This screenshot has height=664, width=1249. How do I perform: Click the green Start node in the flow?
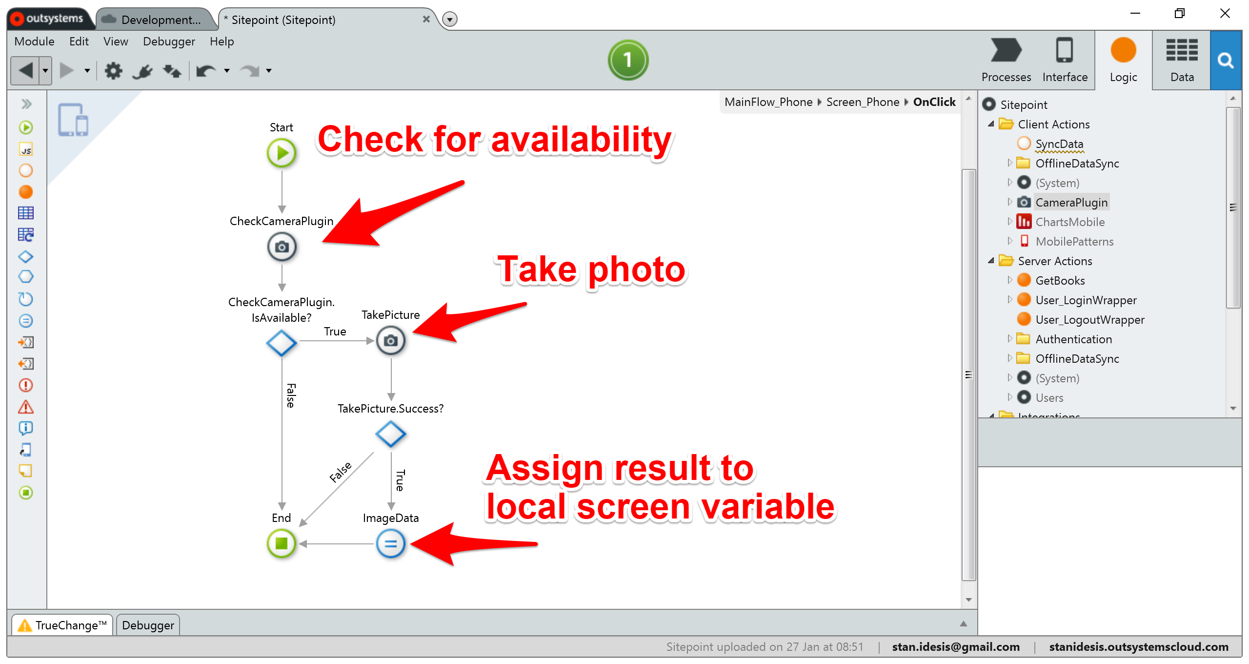coord(282,153)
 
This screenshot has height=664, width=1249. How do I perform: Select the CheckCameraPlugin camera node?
coord(282,247)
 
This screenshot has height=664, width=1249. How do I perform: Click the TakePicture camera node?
coord(390,341)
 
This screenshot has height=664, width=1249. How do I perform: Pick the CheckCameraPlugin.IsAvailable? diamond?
coord(282,343)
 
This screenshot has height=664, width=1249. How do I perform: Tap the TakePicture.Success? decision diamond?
coord(390,434)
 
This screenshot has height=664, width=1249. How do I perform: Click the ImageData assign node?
coord(390,543)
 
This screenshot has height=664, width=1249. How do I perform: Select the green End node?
coord(282,543)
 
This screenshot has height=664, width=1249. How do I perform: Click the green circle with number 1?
coord(628,60)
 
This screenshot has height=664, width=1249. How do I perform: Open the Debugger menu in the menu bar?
coord(169,41)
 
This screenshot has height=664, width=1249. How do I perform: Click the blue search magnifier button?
coord(1225,61)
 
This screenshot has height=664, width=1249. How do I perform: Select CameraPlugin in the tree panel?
coord(1071,202)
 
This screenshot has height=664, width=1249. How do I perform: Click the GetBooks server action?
coord(1060,280)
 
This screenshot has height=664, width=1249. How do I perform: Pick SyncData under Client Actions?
coord(1059,144)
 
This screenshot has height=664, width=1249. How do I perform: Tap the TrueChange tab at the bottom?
coord(63,625)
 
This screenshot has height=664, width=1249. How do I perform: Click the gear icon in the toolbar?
coord(113,71)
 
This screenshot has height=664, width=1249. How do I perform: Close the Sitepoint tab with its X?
coord(426,20)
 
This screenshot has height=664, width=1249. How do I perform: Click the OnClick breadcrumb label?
coord(934,102)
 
